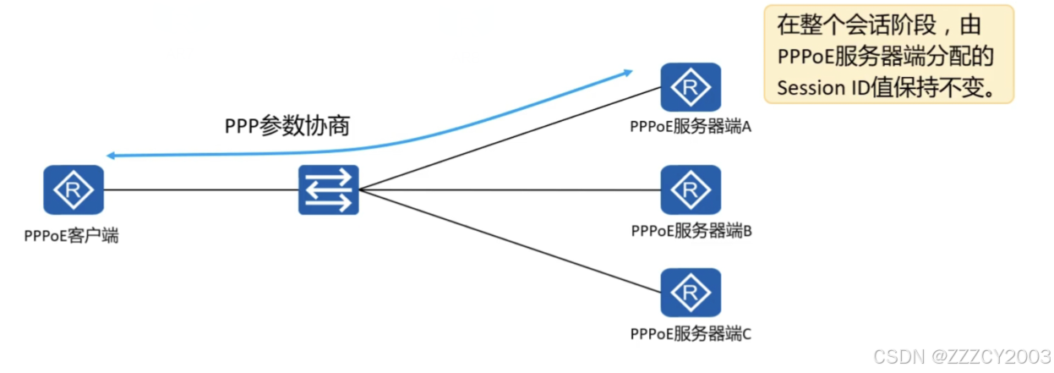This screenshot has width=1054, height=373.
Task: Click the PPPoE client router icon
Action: [73, 189]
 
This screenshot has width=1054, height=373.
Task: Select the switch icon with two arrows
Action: [328, 189]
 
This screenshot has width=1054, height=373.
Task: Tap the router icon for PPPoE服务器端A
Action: [691, 87]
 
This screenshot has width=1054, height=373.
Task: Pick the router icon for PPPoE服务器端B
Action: [691, 189]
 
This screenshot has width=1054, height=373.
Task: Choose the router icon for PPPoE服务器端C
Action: [691, 293]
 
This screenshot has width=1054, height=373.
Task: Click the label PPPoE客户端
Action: [72, 236]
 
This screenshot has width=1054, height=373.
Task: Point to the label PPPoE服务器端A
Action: [691, 127]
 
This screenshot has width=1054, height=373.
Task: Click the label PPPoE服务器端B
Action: [691, 230]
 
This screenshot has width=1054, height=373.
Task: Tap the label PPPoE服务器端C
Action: [691, 333]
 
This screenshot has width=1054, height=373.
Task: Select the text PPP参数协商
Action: [287, 127]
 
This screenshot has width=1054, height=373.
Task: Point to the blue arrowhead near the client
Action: [111, 156]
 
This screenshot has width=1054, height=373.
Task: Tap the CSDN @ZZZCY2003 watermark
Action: [961, 355]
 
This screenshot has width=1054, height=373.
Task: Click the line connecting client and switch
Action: [199, 189]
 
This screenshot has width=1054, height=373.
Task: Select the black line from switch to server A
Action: [507, 138]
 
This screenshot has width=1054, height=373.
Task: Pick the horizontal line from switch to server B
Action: [507, 189]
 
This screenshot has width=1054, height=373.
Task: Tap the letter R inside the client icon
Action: [73, 189]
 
